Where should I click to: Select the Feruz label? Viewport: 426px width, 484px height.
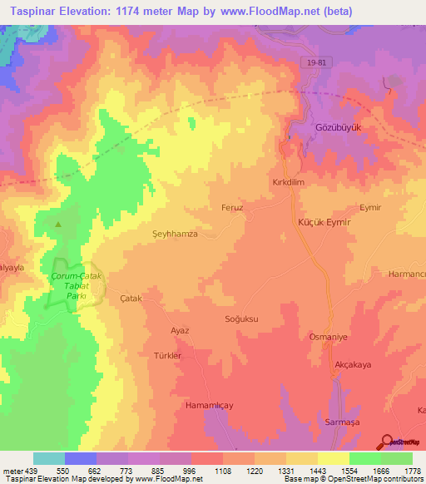(x=231, y=208)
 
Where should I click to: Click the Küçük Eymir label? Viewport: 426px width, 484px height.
(x=324, y=224)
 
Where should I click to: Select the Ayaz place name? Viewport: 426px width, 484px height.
(x=181, y=330)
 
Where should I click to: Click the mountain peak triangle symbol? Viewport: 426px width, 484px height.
(x=57, y=224)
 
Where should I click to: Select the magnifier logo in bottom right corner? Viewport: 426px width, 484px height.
(x=388, y=442)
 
